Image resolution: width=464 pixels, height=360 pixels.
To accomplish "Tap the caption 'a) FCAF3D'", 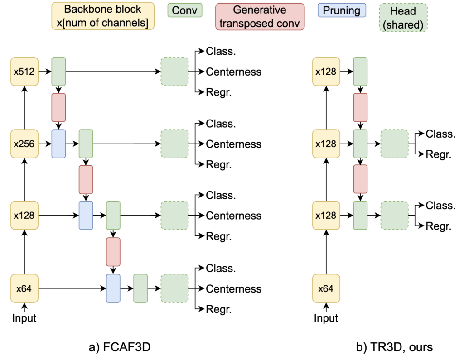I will pyautogui.click(x=119, y=347).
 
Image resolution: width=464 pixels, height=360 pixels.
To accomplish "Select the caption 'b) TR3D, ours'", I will pyautogui.click(x=394, y=347).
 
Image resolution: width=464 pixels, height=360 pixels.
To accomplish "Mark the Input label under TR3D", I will pyautogui.click(x=326, y=318).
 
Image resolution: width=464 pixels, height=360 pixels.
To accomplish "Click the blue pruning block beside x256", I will pyautogui.click(x=58, y=144).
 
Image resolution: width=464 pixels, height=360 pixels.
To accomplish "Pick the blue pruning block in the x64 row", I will pyautogui.click(x=113, y=288).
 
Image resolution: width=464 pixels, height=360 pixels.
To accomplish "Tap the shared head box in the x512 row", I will pyautogui.click(x=174, y=72).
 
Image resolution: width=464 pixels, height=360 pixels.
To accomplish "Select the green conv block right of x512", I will pyautogui.click(x=58, y=72).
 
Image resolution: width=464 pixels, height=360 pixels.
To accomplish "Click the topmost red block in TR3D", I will pyautogui.click(x=360, y=108).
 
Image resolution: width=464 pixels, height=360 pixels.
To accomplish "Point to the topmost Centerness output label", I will pyautogui.click(x=233, y=72).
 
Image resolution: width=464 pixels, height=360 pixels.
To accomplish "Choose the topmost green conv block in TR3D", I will pyautogui.click(x=360, y=72).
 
